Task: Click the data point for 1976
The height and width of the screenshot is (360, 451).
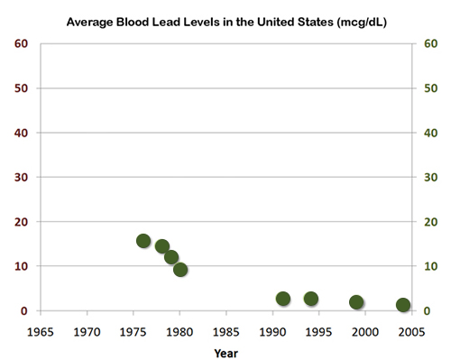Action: (x=143, y=241)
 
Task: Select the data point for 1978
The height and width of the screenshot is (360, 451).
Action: (x=162, y=246)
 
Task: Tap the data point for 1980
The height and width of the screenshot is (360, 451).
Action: (x=180, y=269)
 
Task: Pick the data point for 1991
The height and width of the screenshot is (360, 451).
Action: (x=283, y=299)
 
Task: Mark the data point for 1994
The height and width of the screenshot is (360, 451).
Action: (x=311, y=299)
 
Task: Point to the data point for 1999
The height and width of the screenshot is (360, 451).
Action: (x=356, y=302)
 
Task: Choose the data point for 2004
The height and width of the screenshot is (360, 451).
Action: (x=403, y=305)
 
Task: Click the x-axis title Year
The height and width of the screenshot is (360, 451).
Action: (x=226, y=353)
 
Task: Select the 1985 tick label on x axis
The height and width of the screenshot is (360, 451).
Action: (x=226, y=331)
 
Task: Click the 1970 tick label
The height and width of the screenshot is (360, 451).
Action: (x=87, y=331)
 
